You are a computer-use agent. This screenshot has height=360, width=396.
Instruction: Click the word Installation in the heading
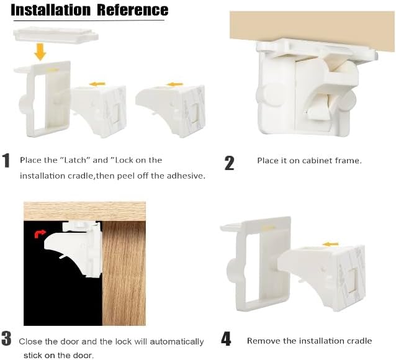tap(50, 10)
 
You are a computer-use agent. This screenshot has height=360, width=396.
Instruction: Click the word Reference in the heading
tap(133, 10)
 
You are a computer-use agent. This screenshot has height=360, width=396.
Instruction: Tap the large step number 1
tap(6, 160)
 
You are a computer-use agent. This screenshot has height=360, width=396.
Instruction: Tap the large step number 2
tap(229, 163)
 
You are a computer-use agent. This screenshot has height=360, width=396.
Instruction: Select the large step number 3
tap(6, 338)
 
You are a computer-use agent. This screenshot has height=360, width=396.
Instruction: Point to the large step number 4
tap(226, 339)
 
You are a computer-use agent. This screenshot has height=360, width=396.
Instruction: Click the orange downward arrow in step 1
tap(40, 52)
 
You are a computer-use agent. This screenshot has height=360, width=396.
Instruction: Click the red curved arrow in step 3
tap(40, 233)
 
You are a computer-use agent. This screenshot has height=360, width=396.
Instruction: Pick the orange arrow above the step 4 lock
tap(331, 244)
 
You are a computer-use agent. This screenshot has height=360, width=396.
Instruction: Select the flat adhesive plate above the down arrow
tap(56, 35)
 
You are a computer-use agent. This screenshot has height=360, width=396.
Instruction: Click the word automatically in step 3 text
tap(177, 342)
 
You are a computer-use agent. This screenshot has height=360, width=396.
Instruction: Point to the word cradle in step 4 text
tap(358, 341)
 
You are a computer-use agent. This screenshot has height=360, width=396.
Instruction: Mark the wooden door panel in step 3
tap(124, 273)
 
